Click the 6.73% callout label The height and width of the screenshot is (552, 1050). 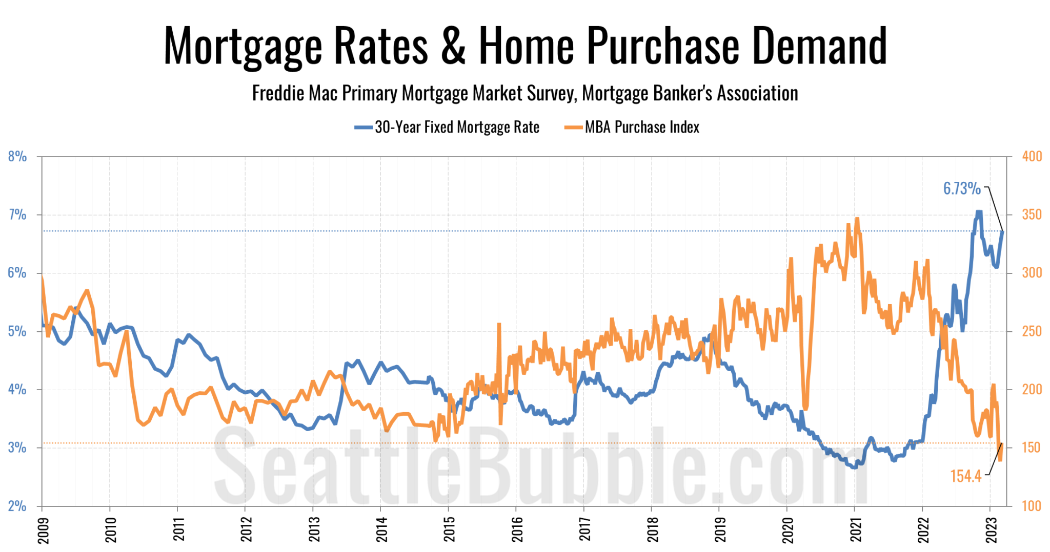pos(962,188)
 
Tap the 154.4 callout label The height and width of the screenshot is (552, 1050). pos(965,476)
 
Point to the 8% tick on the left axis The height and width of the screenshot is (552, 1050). pos(17,157)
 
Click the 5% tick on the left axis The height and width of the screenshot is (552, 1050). pos(17,331)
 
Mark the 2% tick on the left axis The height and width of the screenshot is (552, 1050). pos(17,506)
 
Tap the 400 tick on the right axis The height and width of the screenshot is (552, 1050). pos(1032,157)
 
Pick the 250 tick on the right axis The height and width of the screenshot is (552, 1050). pos(1032,331)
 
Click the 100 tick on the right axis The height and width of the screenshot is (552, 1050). pos(1032,506)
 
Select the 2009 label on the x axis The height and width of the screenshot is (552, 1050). pos(43,529)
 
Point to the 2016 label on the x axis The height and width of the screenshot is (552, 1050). pos(517,529)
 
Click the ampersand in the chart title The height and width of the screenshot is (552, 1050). pos(453,46)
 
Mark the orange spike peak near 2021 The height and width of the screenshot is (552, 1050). pos(857,219)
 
